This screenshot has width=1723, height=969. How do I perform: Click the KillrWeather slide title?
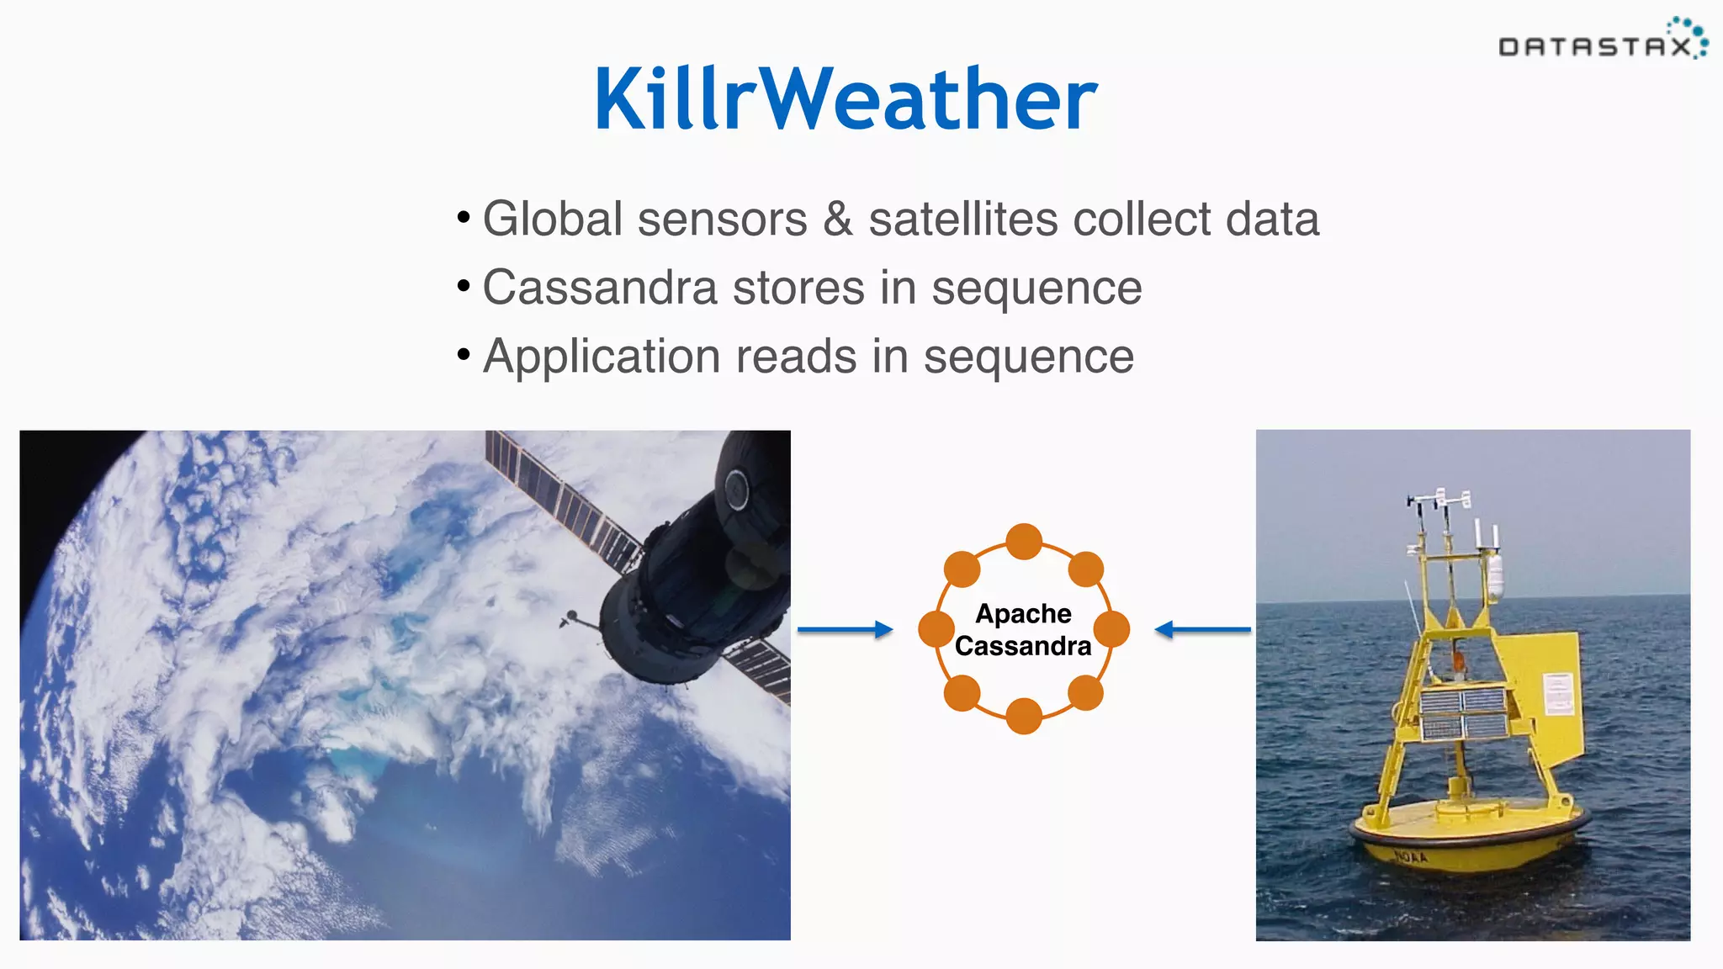tap(846, 99)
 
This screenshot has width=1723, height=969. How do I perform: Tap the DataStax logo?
tap(1603, 42)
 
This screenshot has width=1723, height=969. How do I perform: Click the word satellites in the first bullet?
tap(963, 220)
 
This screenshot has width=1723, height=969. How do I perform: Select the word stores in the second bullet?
tap(798, 289)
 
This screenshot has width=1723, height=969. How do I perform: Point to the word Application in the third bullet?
tap(602, 357)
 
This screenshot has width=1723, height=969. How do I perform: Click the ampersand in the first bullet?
tap(838, 220)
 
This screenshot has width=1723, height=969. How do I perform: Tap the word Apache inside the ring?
tap(1023, 613)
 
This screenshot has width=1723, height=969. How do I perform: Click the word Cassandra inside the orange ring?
tap(1023, 646)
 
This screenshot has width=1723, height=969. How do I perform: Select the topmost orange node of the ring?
tap(1024, 542)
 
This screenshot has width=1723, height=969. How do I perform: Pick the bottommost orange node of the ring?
tap(1024, 716)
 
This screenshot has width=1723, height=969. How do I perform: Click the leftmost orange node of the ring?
tap(936, 629)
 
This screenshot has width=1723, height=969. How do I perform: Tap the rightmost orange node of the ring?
tap(1111, 629)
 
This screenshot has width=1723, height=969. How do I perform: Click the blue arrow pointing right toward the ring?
tap(845, 629)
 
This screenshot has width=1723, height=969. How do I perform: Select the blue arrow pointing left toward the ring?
tap(1203, 629)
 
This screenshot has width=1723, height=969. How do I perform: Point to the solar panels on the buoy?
tap(1464, 712)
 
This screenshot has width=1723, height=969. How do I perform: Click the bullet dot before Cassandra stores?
tap(464, 287)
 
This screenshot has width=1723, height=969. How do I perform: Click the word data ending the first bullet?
tap(1272, 220)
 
